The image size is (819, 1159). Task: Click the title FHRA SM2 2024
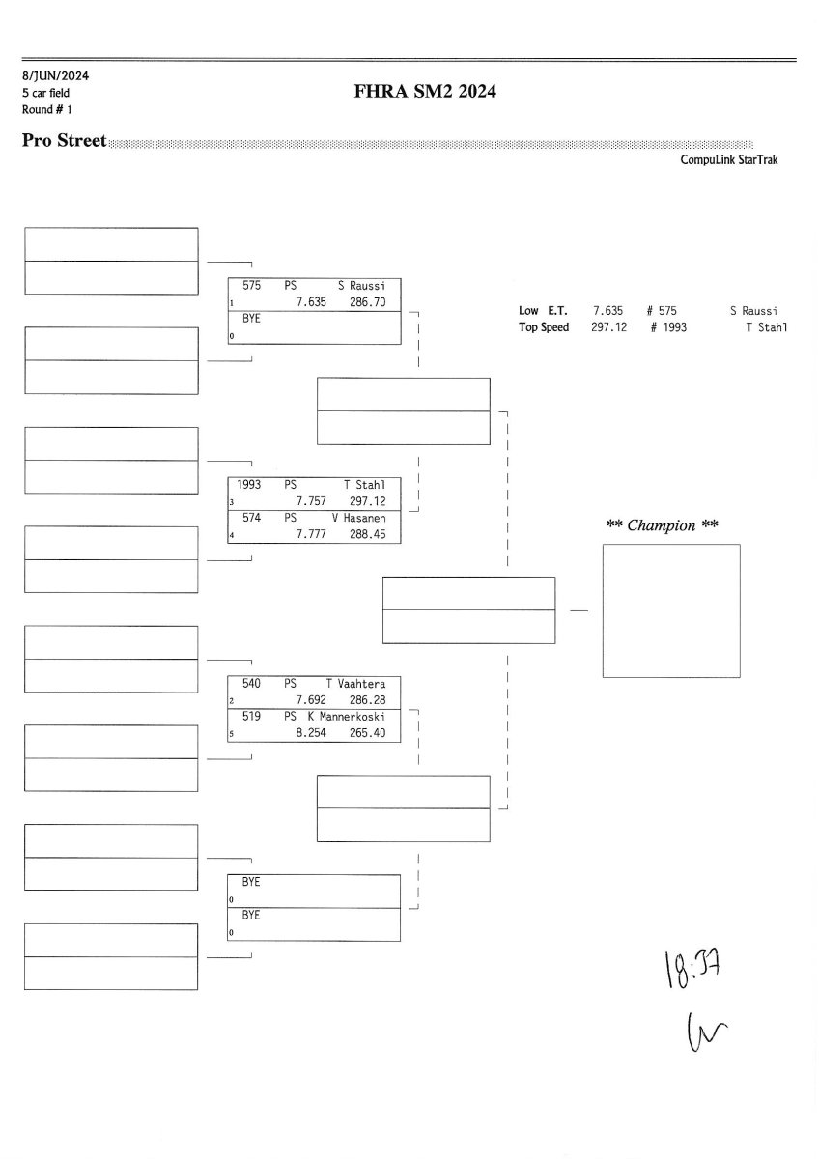426,93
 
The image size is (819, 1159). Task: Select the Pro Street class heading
64,141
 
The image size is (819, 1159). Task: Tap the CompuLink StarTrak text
728,160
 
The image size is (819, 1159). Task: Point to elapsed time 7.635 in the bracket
312,302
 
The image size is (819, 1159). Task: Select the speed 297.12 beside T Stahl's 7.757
367,501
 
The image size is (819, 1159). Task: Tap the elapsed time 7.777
312,534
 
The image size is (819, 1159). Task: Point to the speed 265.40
367,733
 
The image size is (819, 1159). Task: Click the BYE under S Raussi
251,319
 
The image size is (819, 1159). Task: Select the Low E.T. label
543,311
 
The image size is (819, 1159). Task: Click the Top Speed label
544,327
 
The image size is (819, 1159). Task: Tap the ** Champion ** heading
663,525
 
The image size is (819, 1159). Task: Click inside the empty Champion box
671,610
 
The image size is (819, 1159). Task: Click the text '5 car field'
45,93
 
